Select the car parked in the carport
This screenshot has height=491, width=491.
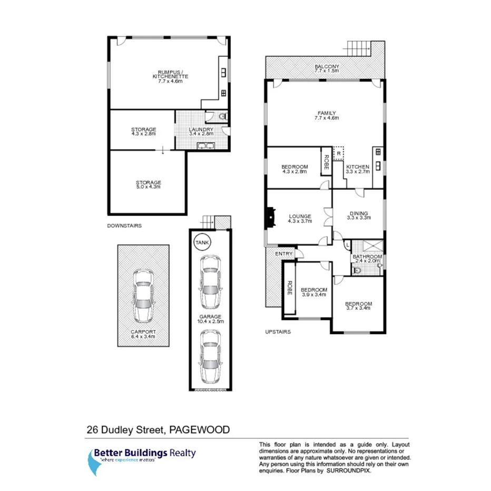(x=143, y=296)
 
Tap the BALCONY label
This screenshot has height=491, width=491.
(x=327, y=66)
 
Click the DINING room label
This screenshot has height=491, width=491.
(x=358, y=214)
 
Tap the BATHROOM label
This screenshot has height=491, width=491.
(x=367, y=257)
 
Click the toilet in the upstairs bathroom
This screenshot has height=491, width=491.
(x=358, y=270)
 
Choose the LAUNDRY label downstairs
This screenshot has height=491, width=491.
(x=202, y=130)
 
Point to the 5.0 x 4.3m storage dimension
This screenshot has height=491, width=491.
(x=148, y=187)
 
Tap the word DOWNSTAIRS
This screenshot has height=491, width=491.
(x=124, y=225)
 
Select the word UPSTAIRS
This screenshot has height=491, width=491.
(x=277, y=332)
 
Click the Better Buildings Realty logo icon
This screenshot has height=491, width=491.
(x=95, y=462)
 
